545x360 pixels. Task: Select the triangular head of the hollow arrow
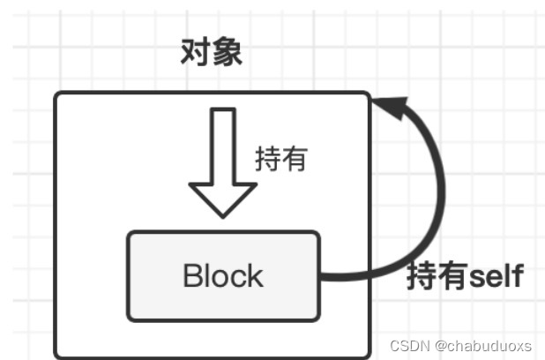click(223, 198)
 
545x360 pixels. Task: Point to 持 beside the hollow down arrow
click(267, 159)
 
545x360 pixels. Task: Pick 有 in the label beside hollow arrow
click(293, 159)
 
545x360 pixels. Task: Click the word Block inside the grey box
click(223, 275)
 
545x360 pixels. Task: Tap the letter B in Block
click(193, 275)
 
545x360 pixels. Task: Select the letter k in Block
click(255, 275)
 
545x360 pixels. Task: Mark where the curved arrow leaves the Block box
click(321, 277)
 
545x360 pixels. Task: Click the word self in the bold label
click(495, 277)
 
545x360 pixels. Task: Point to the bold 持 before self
click(422, 277)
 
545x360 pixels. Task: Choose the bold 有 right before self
click(452, 277)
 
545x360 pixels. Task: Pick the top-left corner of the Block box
click(129, 233)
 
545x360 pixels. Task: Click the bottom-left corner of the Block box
click(129, 319)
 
